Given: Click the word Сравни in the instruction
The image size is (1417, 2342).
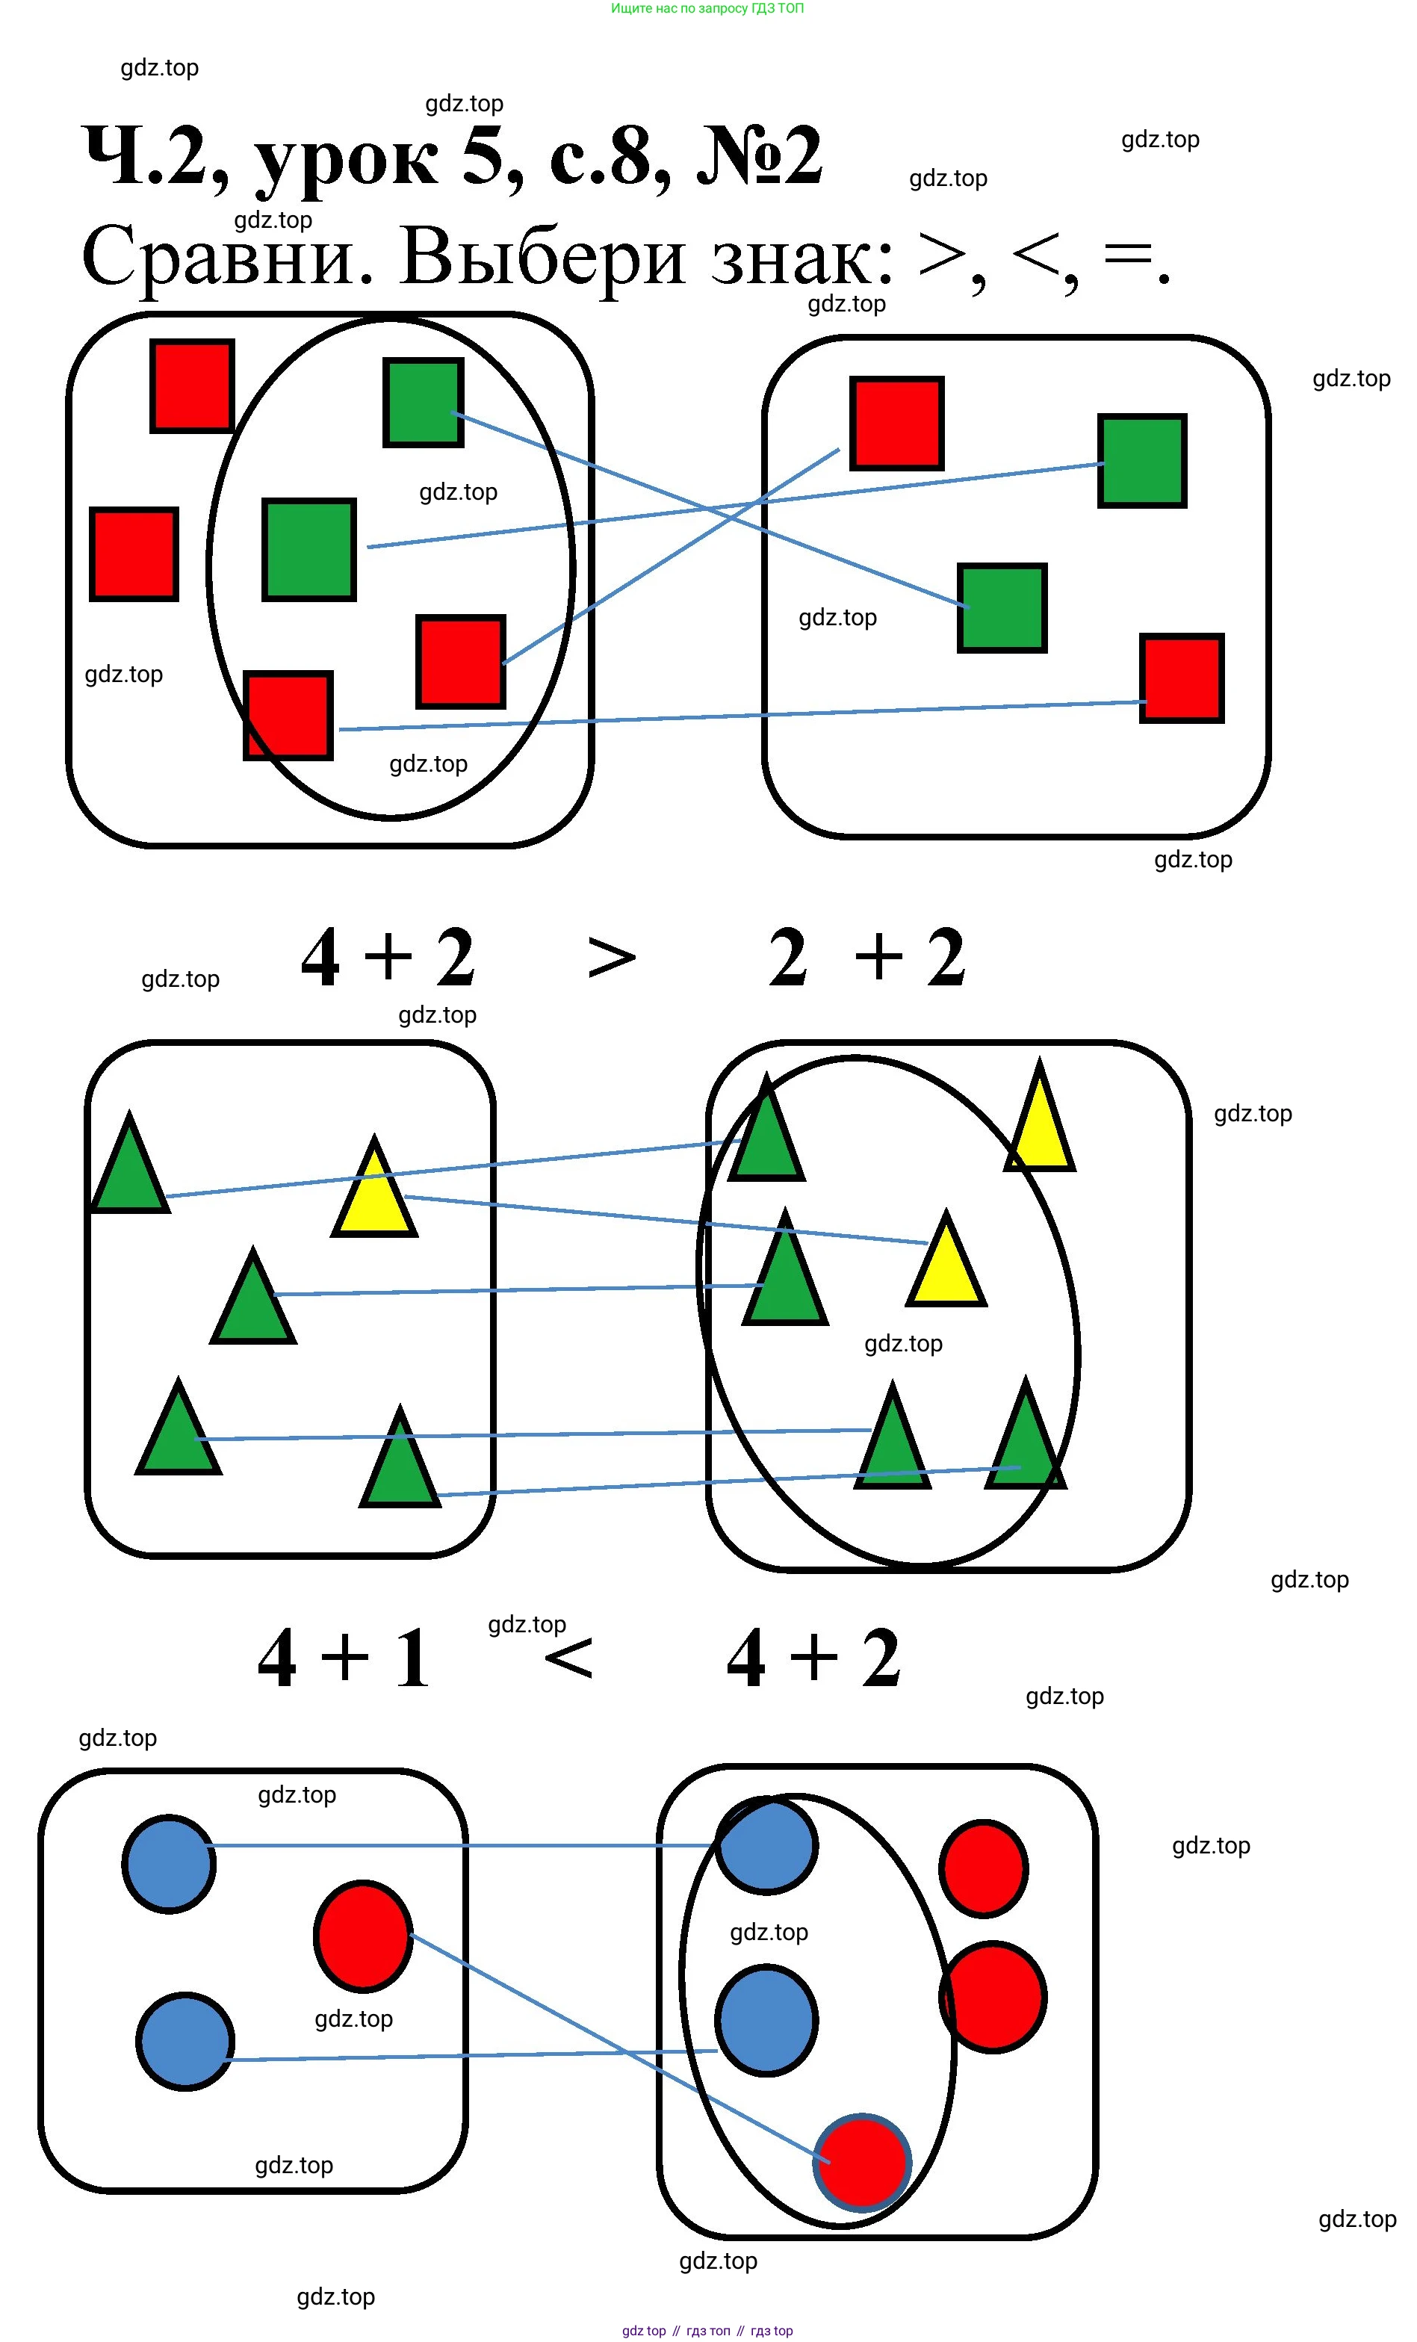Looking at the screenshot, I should click(x=227, y=257).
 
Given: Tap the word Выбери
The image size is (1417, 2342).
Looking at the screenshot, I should click(x=542, y=257).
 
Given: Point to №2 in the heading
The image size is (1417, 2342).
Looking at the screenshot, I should click(x=760, y=156).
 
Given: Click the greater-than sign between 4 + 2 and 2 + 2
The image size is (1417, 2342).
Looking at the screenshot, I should click(x=611, y=957).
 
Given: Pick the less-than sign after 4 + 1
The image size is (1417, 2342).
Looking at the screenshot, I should click(x=568, y=1658).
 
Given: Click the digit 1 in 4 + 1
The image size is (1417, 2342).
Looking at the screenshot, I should click(x=412, y=1658).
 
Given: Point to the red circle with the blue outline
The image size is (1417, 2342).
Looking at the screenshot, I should click(x=862, y=2163).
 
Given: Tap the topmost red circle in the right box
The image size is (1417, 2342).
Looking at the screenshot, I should click(x=984, y=1868).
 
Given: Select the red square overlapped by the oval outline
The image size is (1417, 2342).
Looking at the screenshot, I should click(x=289, y=716).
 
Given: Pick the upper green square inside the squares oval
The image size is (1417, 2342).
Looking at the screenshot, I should click(x=424, y=402).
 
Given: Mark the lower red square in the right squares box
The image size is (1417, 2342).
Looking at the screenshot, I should click(x=1181, y=678).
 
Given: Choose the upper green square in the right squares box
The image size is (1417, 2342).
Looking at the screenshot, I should click(x=1142, y=461).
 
